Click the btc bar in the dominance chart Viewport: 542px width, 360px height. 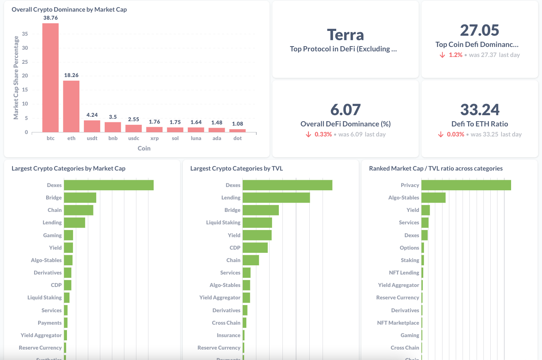pos(51,77)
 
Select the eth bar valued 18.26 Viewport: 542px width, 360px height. pos(71,106)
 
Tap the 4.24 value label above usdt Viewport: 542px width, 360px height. pos(92,115)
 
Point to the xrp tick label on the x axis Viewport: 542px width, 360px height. pos(154,138)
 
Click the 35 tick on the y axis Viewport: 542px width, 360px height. pos(25,34)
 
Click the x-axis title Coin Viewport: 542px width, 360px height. pos(144,148)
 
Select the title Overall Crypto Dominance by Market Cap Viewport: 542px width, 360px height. pos(69,10)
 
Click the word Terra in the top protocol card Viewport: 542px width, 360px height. pos(345,35)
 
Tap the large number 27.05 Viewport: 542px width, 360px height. pos(479,30)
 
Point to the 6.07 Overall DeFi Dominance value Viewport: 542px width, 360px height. pos(345,110)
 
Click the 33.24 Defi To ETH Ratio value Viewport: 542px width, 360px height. pos(479,110)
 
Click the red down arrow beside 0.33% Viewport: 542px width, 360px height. pos(309,134)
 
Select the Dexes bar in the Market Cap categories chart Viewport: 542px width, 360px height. pos(109,185)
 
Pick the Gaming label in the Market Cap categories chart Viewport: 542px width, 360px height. pos(53,235)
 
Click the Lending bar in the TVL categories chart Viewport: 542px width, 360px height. pos(276,197)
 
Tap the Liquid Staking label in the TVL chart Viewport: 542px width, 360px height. pos(223,222)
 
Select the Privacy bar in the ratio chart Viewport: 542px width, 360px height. pos(466,185)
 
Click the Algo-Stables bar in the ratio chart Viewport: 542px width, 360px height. pos(433,197)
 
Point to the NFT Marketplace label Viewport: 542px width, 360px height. pos(398,323)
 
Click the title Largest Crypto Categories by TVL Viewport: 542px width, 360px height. pos(236,169)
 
